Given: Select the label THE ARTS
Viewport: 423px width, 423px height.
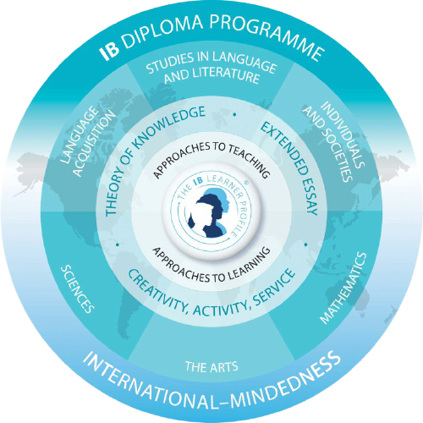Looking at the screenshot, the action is (211, 367).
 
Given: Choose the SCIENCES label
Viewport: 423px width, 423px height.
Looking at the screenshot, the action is (77, 289).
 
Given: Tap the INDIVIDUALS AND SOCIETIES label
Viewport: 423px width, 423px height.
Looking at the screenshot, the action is (332, 142).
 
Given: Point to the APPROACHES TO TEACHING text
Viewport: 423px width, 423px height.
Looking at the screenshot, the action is (211, 158).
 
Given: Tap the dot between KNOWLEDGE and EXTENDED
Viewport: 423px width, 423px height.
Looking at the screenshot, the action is (234, 114).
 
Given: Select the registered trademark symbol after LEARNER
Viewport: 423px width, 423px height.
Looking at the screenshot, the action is (247, 183).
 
